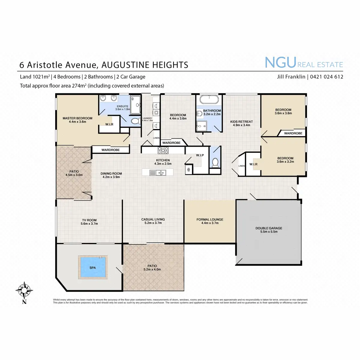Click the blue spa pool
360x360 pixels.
click(92, 267)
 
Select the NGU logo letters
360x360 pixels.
click(280, 62)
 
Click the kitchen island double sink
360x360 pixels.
click(158, 172)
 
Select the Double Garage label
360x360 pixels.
click(269, 228)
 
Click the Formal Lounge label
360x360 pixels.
click(210, 220)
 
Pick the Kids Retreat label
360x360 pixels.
click(241, 122)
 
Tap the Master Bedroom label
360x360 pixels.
click(77, 118)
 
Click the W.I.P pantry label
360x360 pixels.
click(200, 155)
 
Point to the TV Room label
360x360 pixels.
click(89, 220)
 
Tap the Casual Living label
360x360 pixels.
click(153, 220)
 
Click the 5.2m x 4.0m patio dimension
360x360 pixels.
click(152, 269)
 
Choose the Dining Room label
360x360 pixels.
click(111, 174)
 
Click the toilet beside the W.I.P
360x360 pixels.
click(215, 163)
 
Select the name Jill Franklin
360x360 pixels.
click(291, 77)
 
